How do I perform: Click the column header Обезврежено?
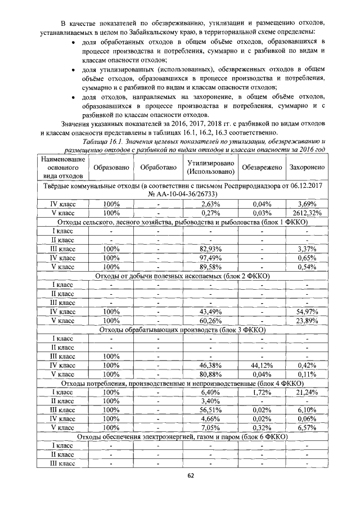(x=261, y=168)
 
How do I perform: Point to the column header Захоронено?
(x=307, y=168)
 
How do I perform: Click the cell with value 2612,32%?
(x=307, y=213)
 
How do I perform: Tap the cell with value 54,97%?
(x=307, y=311)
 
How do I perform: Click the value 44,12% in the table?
(x=261, y=365)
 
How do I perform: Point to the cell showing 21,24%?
(x=307, y=391)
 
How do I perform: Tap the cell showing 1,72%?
(x=261, y=391)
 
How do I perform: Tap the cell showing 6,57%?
(x=307, y=427)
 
